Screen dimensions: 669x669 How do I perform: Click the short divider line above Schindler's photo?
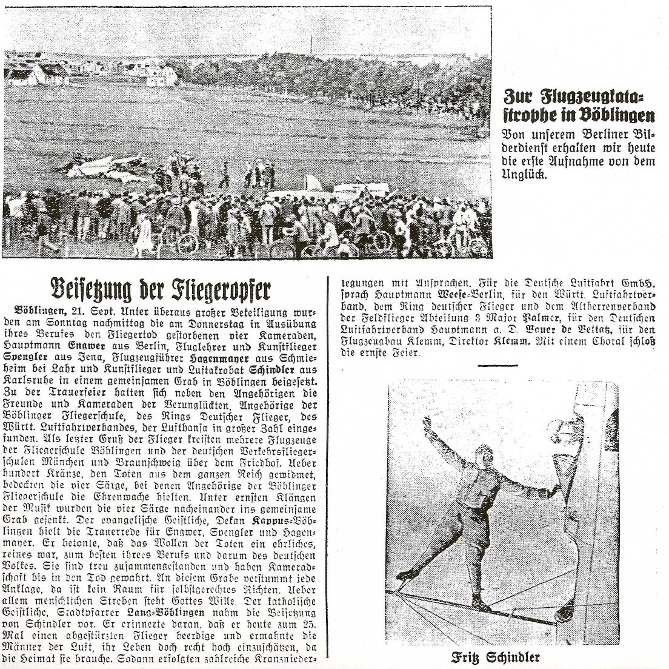498,366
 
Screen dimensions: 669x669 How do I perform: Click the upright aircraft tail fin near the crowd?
313,182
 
